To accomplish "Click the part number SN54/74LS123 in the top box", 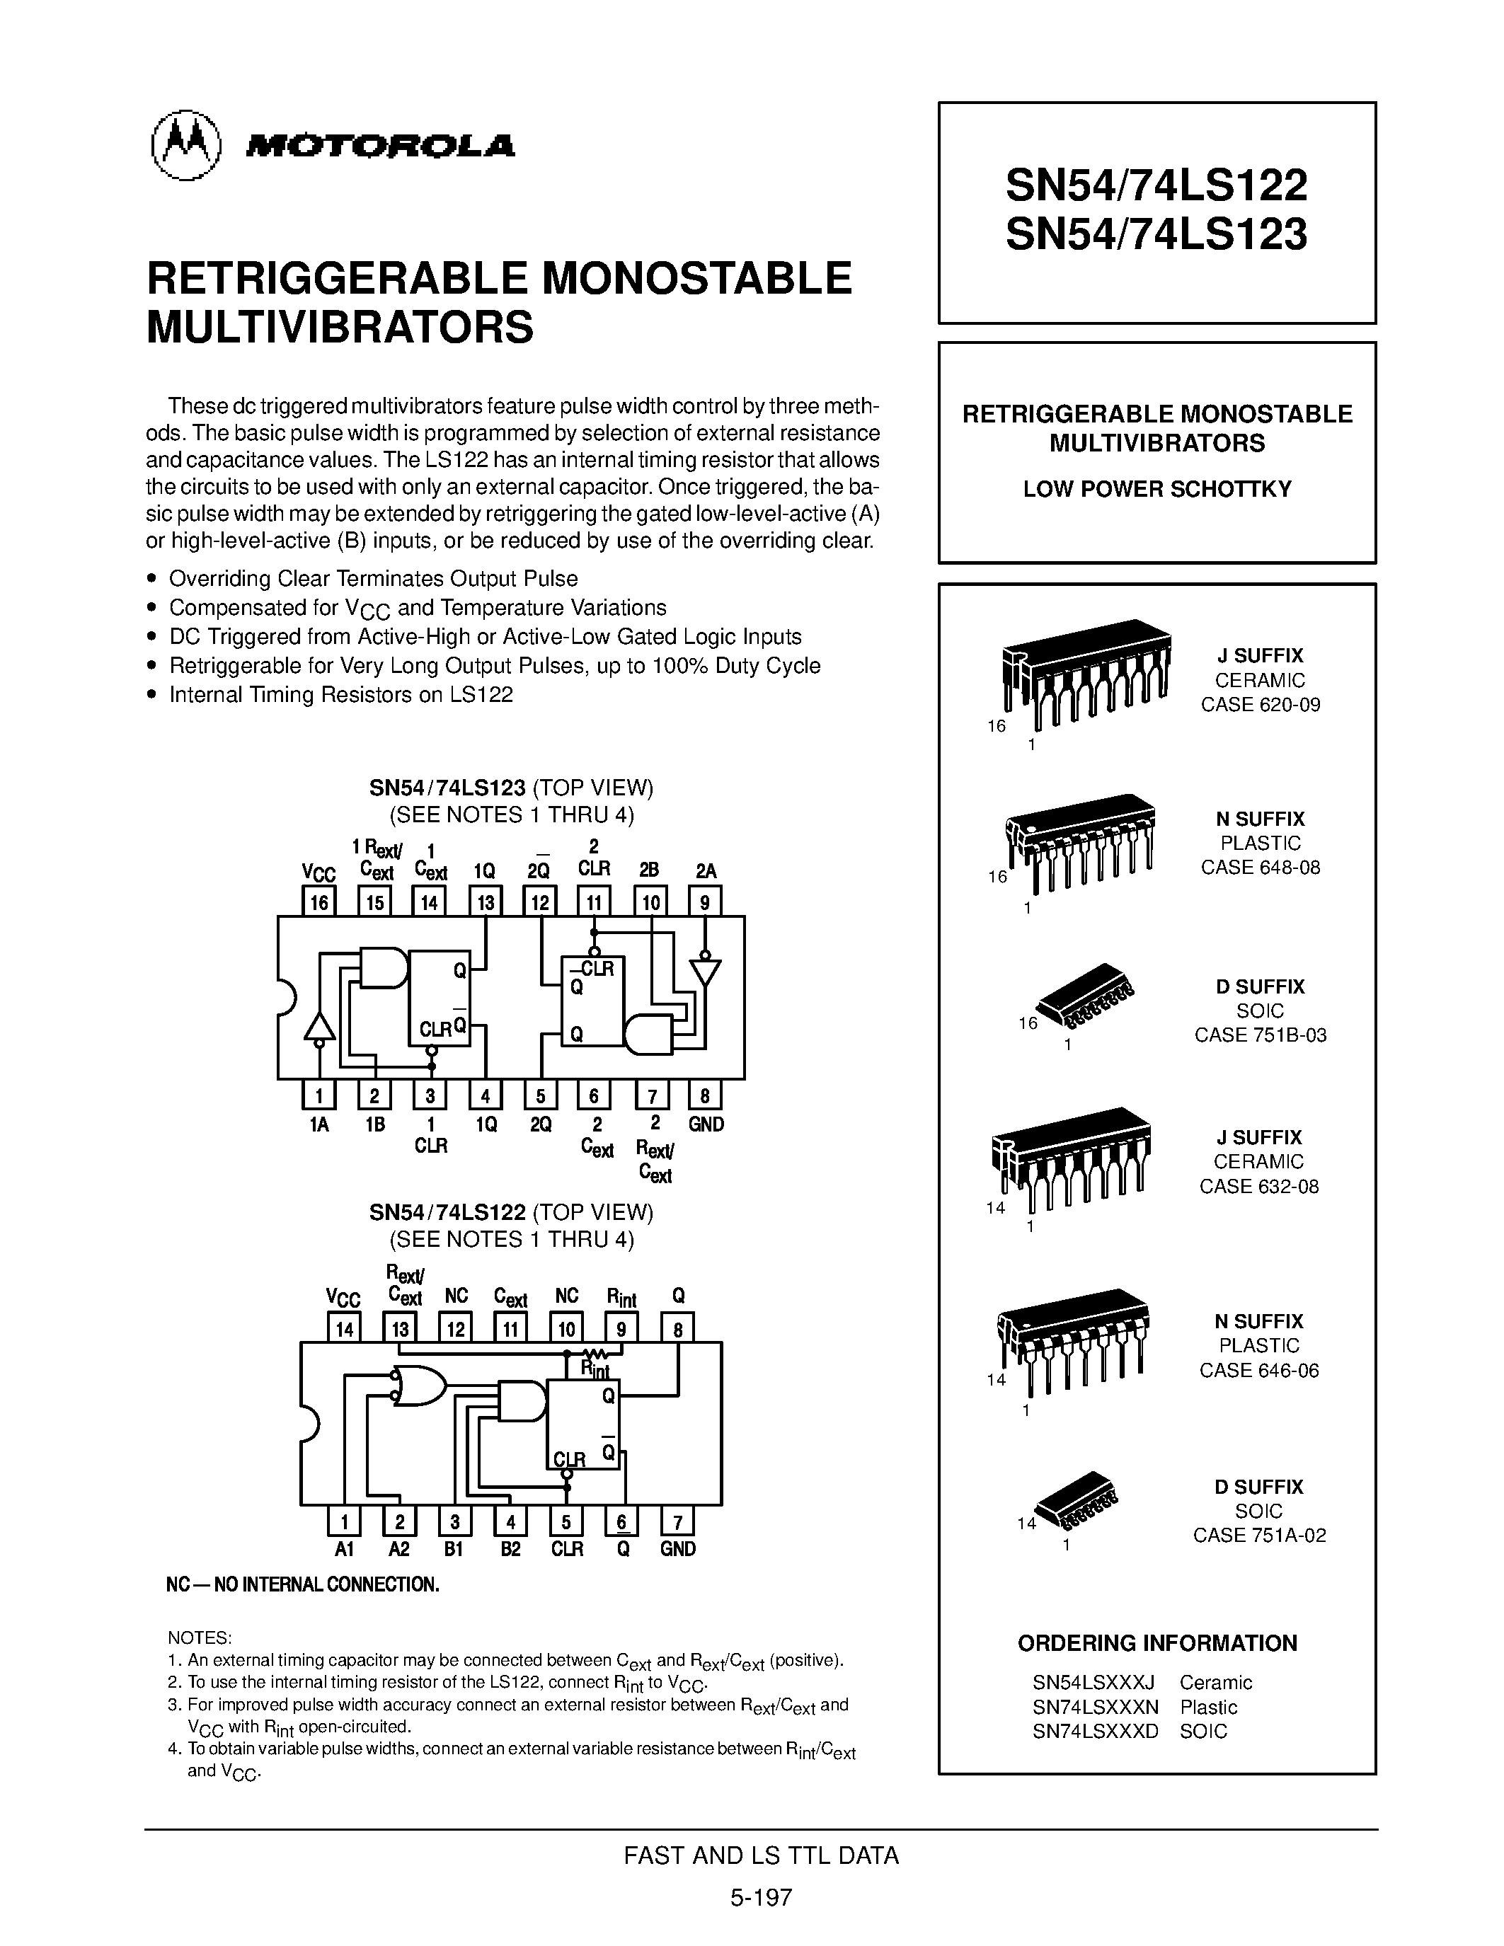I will pos(1156,234).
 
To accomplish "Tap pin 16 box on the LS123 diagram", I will pos(318,902).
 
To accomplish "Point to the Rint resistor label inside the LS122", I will pos(595,1368).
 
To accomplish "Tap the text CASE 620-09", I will pos(1260,705).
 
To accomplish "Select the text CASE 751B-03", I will pos(1260,1035).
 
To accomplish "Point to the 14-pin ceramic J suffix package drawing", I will pos(1069,1158).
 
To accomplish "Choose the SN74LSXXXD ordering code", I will pos(1095,1732).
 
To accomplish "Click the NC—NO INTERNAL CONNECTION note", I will pos(303,1585).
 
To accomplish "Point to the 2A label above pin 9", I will pos(705,870).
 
